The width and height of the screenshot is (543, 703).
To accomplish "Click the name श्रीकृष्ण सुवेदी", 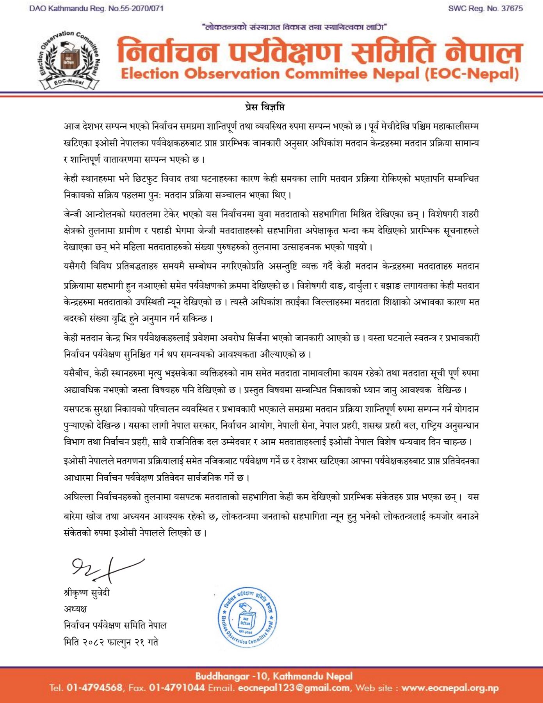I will pos(87,593).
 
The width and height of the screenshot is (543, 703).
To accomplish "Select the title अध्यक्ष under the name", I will pos(75,609).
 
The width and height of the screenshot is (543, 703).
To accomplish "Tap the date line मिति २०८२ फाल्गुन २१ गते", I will pos(111,642).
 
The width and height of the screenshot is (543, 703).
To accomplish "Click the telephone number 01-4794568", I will pos(94,688).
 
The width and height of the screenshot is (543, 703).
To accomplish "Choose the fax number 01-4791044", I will pos(177,688).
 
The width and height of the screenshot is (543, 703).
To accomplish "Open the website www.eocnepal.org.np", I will pos(450,688).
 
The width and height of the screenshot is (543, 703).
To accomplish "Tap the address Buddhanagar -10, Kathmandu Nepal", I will pos(274,676).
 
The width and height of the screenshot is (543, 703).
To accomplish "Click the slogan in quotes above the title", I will pos(294,27).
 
